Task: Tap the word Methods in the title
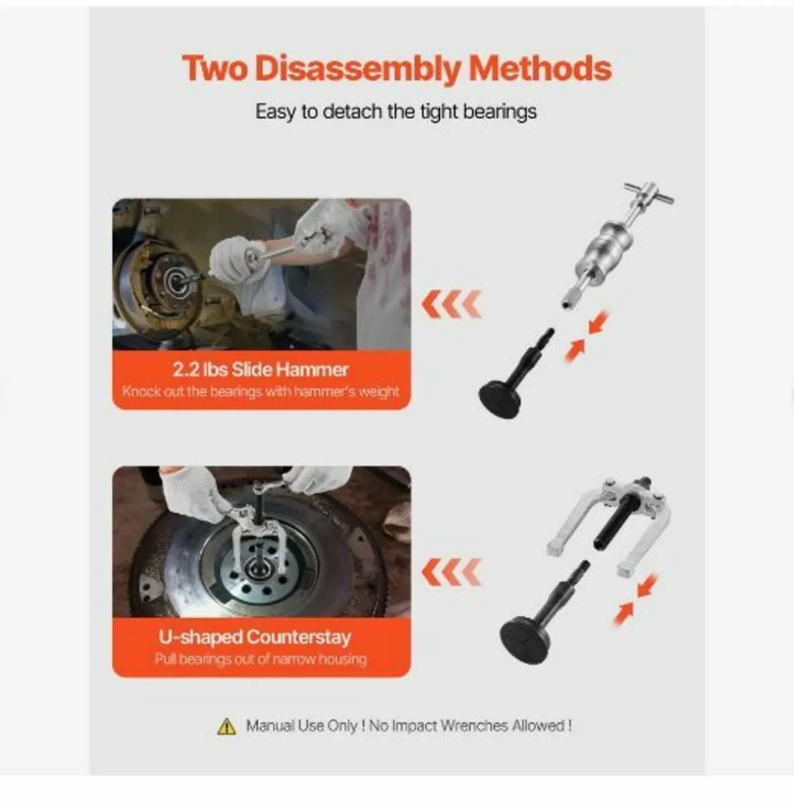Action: [540, 69]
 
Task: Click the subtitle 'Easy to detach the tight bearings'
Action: [396, 111]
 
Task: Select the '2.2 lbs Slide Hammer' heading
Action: [261, 369]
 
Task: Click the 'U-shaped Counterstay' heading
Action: [255, 637]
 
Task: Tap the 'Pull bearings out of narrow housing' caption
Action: [261, 659]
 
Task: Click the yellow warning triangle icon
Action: [226, 726]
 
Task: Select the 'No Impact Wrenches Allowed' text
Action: [470, 725]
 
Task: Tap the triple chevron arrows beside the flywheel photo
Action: [451, 572]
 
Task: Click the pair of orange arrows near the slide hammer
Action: [584, 336]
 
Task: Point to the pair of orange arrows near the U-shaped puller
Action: [635, 599]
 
